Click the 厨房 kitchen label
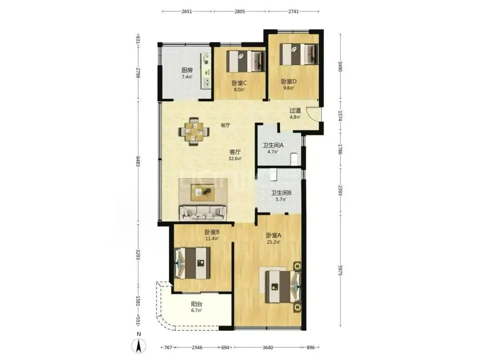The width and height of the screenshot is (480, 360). pyautogui.click(x=187, y=70)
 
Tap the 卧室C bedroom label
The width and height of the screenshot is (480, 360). pyautogui.click(x=239, y=83)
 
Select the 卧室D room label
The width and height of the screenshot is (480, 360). pyautogui.click(x=289, y=81)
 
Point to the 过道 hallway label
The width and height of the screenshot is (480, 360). pyautogui.click(x=295, y=110)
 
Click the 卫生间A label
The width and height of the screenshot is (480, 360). pyautogui.click(x=273, y=145)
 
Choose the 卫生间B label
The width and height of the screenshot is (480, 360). pyautogui.click(x=281, y=193)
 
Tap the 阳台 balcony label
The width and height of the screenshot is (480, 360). pyautogui.click(x=196, y=304)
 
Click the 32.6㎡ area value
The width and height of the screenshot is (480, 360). pyautogui.click(x=235, y=159)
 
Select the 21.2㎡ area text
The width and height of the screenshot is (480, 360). pyautogui.click(x=273, y=242)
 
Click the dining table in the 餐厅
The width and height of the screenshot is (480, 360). pyautogui.click(x=194, y=131)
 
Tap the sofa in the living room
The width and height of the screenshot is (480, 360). pyautogui.click(x=203, y=213)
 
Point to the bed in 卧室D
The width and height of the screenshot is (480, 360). pyautogui.click(x=300, y=54)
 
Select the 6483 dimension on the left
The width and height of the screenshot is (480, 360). pyautogui.click(x=138, y=161)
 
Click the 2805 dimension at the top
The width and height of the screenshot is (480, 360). pyautogui.click(x=240, y=12)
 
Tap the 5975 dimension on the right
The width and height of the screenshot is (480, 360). pyautogui.click(x=340, y=270)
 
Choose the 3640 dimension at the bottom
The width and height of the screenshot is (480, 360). pyautogui.click(x=268, y=348)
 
